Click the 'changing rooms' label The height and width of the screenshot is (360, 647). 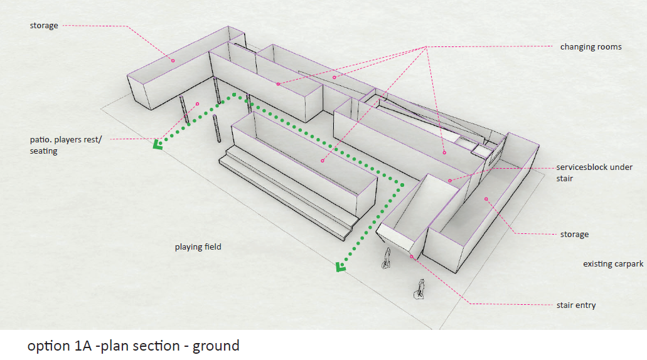[591, 47]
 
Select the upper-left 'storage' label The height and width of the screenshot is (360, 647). [43, 26]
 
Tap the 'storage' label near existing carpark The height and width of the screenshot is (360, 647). [574, 235]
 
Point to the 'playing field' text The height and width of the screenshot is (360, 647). [198, 247]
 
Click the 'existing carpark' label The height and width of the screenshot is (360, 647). [613, 264]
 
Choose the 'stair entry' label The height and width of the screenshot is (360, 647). [576, 305]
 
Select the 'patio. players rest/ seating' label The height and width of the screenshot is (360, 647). [65, 146]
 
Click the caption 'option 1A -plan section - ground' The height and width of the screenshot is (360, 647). [133, 346]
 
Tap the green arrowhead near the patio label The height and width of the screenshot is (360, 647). [158, 146]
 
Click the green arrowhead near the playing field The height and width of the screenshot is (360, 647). [341, 268]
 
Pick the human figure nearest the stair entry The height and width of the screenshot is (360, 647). [387, 258]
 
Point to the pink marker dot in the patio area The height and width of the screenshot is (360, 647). [197, 104]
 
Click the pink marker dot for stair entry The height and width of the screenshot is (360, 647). [411, 257]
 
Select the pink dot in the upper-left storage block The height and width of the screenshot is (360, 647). [174, 61]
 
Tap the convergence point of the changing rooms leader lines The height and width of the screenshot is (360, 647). [426, 47]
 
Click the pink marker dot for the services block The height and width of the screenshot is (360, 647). [450, 181]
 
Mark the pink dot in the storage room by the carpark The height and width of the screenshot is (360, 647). [486, 199]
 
